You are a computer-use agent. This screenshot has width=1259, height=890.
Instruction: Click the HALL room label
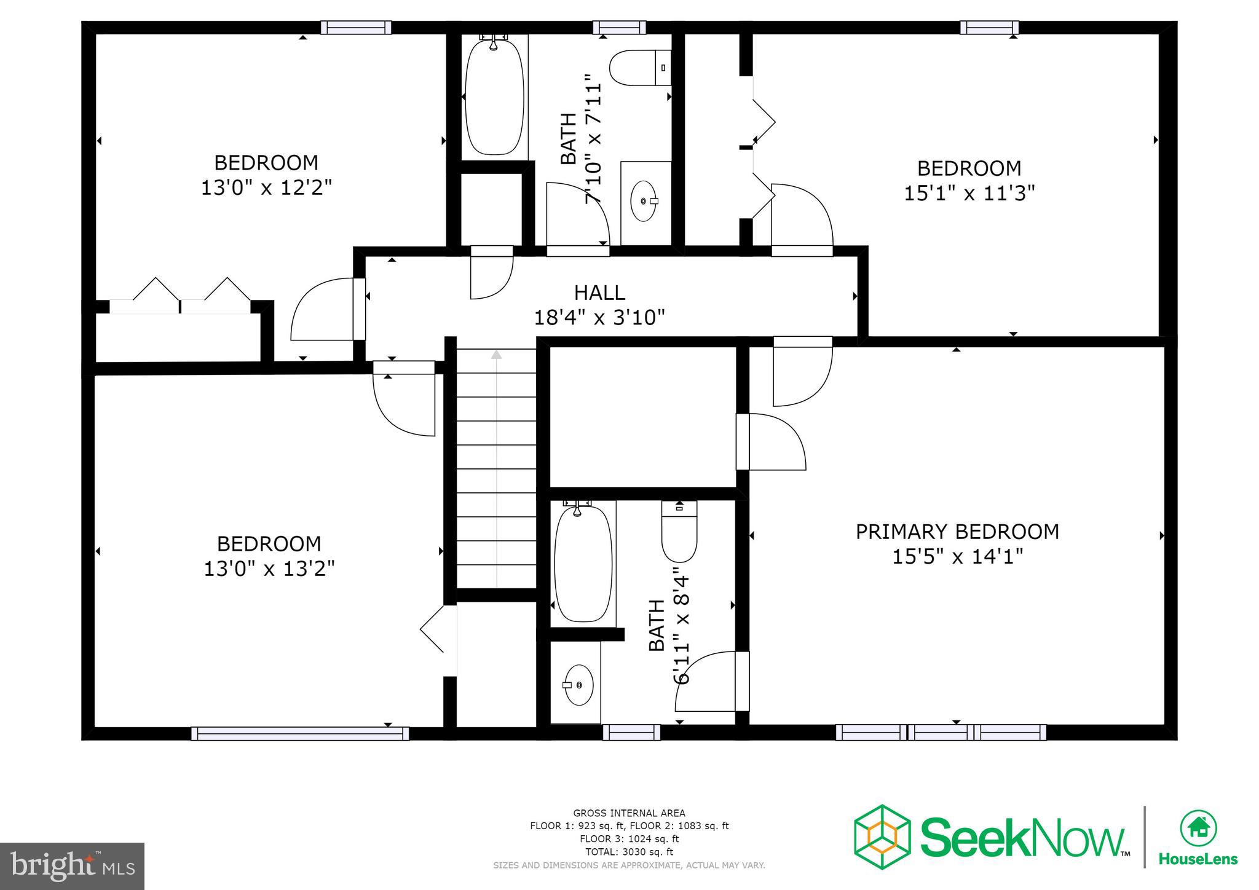(599, 293)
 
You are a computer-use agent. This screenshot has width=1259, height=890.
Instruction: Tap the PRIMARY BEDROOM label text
(957, 532)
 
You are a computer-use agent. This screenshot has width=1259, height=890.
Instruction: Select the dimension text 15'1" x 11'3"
(969, 193)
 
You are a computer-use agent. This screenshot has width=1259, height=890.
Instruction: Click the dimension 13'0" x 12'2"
(266, 187)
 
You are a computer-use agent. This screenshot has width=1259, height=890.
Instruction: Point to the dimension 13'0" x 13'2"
(269, 569)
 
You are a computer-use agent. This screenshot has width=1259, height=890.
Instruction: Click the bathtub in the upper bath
(494, 96)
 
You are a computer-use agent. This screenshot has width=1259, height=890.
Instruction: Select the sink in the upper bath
(644, 201)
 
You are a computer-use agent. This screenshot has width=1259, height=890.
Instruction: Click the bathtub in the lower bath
(583, 562)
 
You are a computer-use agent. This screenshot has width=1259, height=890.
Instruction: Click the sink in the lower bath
(577, 684)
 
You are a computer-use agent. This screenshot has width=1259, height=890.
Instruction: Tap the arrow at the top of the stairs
(496, 355)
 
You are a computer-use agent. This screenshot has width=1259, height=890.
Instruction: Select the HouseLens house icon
(1198, 829)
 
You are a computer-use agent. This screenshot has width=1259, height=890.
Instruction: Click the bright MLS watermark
(73, 866)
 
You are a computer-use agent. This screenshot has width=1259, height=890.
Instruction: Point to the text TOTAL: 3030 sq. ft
(629, 852)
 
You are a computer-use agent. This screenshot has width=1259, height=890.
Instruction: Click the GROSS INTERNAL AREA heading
(629, 813)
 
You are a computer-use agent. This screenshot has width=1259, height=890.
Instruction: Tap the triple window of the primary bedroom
(941, 732)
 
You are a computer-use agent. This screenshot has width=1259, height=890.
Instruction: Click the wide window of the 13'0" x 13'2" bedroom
(299, 733)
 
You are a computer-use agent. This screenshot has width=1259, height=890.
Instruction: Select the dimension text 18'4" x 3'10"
(599, 318)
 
